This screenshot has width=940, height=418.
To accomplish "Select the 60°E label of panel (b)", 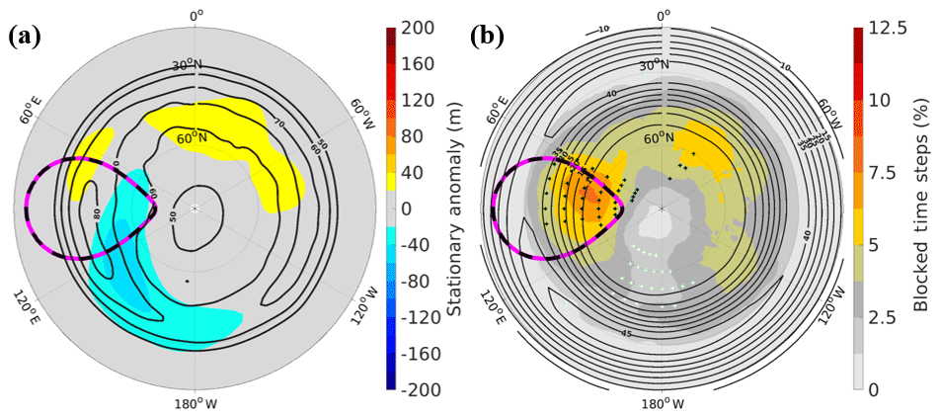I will pyautogui.click(x=497, y=106).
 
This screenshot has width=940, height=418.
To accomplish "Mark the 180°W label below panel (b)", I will pyautogui.click(x=662, y=404).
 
